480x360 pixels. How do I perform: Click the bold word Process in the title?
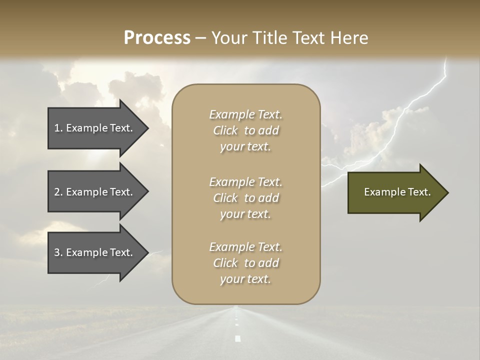pos(157,38)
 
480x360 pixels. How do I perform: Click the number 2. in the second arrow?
pos(58,192)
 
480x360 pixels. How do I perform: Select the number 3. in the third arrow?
pos(58,252)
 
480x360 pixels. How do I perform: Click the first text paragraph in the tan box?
pos(245,130)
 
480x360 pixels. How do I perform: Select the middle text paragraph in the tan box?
pos(245,198)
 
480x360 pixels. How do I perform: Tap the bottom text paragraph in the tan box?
pos(245,263)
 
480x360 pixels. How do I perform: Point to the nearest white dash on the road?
pos(237,338)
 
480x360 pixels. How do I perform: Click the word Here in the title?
pos(349,38)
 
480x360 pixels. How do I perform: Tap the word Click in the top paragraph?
pos(225,130)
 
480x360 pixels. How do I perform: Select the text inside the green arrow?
pos(397,192)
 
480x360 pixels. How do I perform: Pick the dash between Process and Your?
pos(200,38)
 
